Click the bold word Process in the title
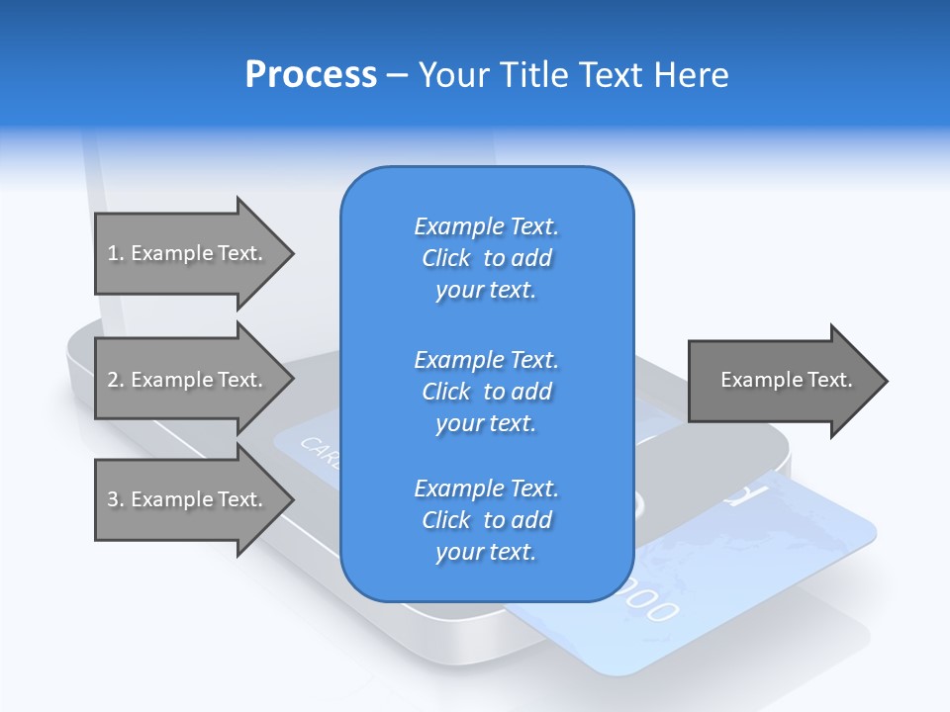pos(311,75)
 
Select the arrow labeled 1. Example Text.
pos(185,253)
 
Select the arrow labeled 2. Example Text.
pos(185,380)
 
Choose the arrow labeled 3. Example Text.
pos(185,499)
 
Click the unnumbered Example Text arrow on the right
pos(787,380)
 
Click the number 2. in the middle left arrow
pos(116,380)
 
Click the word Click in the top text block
pos(445,258)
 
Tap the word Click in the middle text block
pos(445,392)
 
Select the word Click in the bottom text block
pos(445,520)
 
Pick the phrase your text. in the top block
pos(486,290)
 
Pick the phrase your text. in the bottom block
pos(486,552)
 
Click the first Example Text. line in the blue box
pos(486,226)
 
